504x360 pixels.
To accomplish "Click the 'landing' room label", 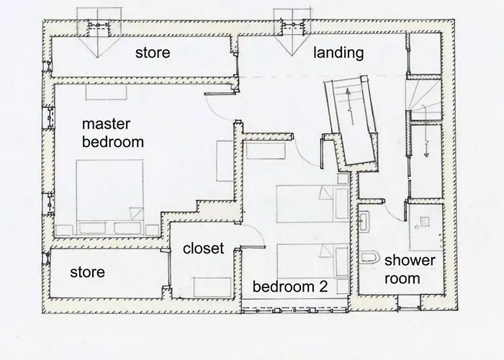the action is pyautogui.click(x=338, y=53).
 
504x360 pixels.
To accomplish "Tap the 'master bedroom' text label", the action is pyautogui.click(x=113, y=133).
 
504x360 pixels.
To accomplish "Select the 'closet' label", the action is pyautogui.click(x=203, y=248).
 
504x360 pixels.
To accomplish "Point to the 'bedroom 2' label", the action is pyautogui.click(x=290, y=287).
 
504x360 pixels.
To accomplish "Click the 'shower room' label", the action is pyautogui.click(x=410, y=269).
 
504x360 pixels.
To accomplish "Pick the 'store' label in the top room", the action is pyautogui.click(x=153, y=53).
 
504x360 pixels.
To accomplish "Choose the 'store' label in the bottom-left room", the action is pyautogui.click(x=87, y=272).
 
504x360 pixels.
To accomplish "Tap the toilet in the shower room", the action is pyautogui.click(x=369, y=257).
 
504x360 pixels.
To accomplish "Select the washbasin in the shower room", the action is pyautogui.click(x=364, y=222).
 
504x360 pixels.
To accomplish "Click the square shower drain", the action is pyautogui.click(x=424, y=222).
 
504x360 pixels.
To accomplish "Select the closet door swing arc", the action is pyautogui.click(x=257, y=231).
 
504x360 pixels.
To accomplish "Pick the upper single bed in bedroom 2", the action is pyautogui.click(x=312, y=204).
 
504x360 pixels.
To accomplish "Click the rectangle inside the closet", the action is pyautogui.click(x=212, y=287).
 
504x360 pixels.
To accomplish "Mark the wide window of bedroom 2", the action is pyautogui.click(x=294, y=310).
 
